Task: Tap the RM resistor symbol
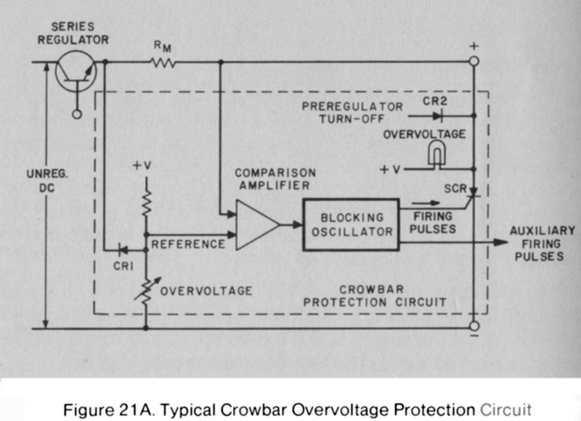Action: click(163, 63)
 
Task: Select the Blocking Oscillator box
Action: click(351, 224)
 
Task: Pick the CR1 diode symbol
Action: click(119, 247)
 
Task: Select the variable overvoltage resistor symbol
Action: click(147, 290)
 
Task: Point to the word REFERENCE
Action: click(188, 244)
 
